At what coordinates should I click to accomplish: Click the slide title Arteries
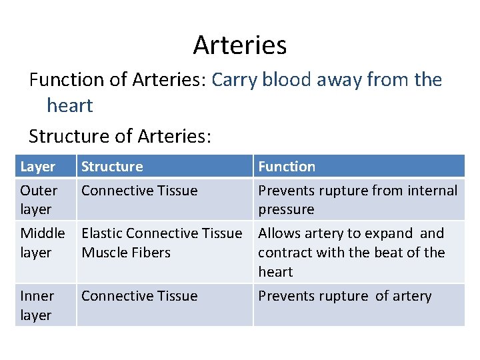point(240,45)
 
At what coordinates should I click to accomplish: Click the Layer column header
point(38,167)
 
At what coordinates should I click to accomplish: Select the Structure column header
point(112,167)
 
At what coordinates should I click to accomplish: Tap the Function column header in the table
point(287,167)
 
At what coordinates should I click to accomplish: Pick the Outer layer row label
point(39,199)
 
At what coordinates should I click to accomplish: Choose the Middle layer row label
point(43,243)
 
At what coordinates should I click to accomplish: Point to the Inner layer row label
point(38,305)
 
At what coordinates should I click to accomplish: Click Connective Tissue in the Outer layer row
point(139,191)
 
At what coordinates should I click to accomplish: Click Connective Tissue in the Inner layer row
point(139,296)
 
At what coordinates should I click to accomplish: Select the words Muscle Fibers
point(126,253)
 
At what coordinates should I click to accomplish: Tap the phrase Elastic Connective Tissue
point(161,233)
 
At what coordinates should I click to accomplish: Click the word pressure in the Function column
point(286,209)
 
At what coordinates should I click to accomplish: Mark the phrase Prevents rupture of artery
point(345,296)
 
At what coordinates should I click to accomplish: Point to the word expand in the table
point(393,233)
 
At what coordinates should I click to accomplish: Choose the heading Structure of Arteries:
point(120,137)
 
